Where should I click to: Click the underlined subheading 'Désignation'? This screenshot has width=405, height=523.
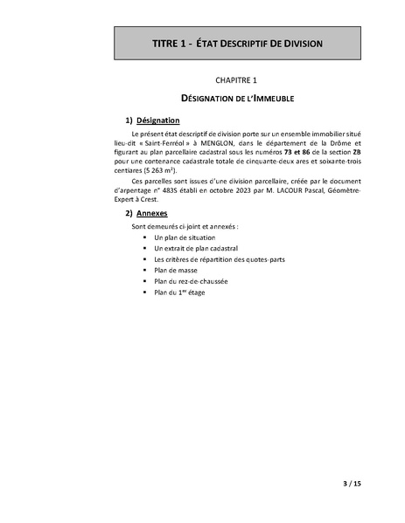coord(157,120)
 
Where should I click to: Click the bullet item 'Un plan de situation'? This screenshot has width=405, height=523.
coord(184,237)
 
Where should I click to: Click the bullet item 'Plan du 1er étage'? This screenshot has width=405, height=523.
coord(179,293)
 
